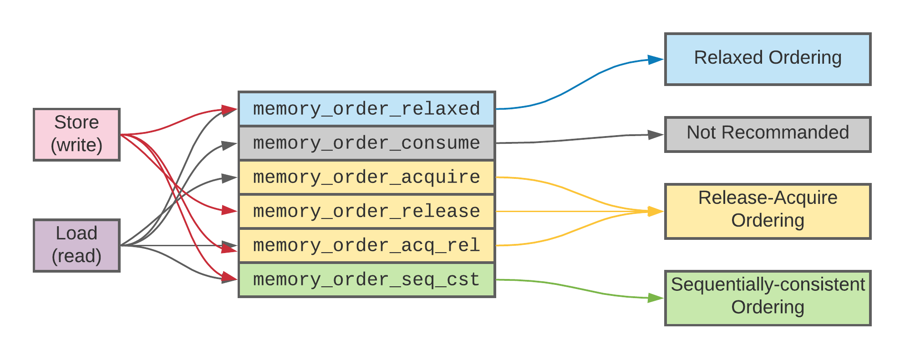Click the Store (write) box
point(76,134)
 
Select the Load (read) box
point(76,245)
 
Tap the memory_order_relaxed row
point(366,109)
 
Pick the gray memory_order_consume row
point(366,143)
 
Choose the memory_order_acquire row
point(366,177)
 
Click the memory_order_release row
point(366,211)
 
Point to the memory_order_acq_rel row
point(366,245)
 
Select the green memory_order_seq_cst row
point(366,279)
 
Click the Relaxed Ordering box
point(768,59)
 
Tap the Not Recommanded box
point(768,134)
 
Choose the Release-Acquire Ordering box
point(768,211)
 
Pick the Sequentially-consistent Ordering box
point(768,298)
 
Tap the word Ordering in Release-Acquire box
point(768,221)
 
